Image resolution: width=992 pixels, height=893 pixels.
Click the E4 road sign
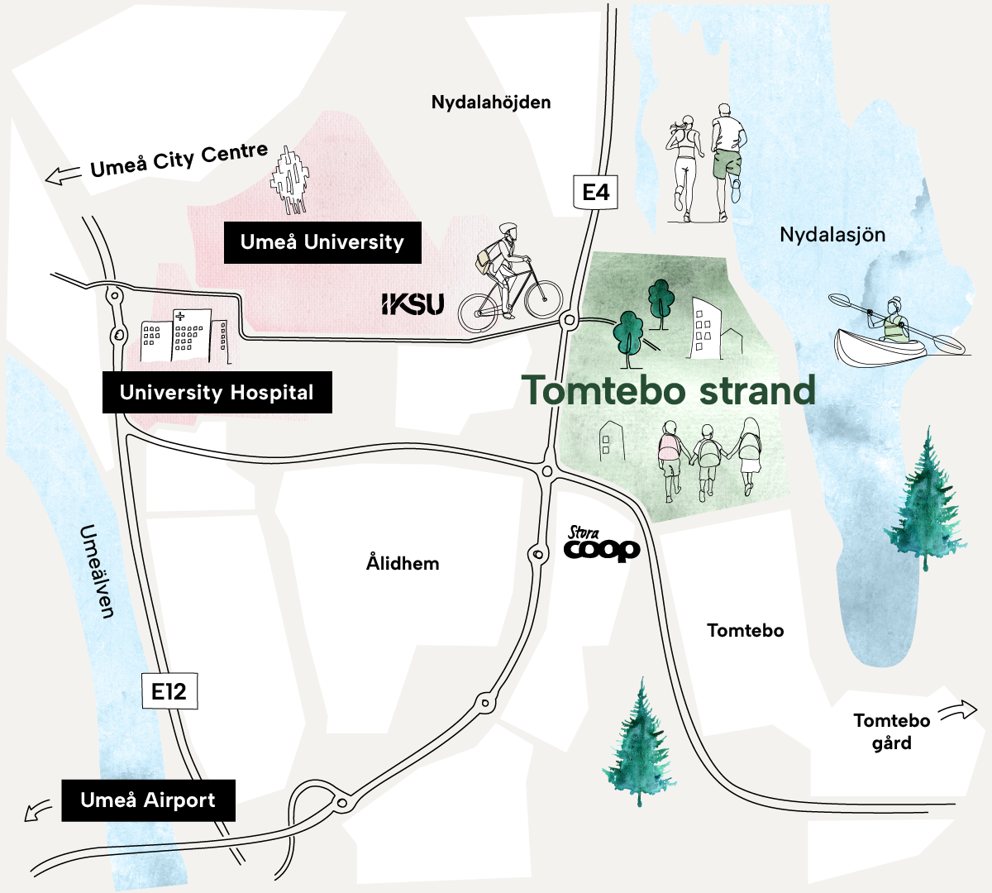point(595,192)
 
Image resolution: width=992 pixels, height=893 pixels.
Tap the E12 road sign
point(169,690)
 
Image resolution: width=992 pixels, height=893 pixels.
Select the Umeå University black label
point(322,242)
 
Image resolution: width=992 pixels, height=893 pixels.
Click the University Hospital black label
point(217,392)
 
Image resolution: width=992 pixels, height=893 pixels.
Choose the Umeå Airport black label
point(148,800)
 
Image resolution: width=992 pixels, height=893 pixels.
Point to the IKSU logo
point(413,304)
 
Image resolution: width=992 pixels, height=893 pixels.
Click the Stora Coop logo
point(602,545)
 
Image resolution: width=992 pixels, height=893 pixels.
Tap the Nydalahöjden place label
point(491,103)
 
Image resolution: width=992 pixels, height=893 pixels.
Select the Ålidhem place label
point(403,563)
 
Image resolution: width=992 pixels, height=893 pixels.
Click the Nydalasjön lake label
point(832,235)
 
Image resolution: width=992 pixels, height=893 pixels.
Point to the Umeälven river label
point(98,571)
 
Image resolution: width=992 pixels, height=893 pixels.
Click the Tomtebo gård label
point(891,731)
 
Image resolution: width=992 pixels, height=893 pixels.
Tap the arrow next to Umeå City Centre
point(63,175)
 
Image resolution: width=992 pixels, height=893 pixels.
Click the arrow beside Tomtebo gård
point(958,709)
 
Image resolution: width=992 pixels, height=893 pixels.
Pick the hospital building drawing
point(184,337)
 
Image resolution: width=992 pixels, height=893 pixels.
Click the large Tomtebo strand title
point(668,390)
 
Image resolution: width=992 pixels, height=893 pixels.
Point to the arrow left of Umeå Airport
point(37,810)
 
